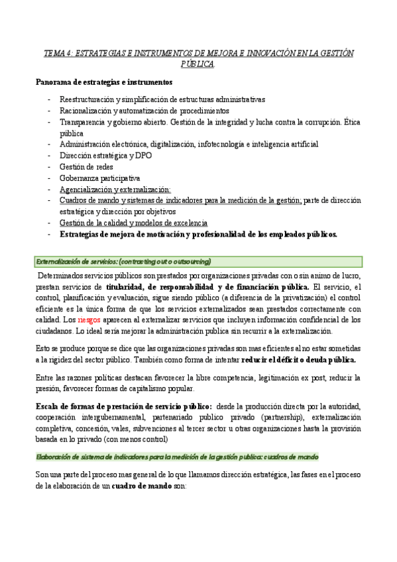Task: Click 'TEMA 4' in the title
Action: (x=58, y=52)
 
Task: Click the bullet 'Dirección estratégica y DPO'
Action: (x=105, y=155)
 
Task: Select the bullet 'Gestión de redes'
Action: (x=86, y=166)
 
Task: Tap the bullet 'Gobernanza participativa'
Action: (x=99, y=178)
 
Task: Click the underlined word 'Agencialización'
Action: (x=89, y=189)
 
